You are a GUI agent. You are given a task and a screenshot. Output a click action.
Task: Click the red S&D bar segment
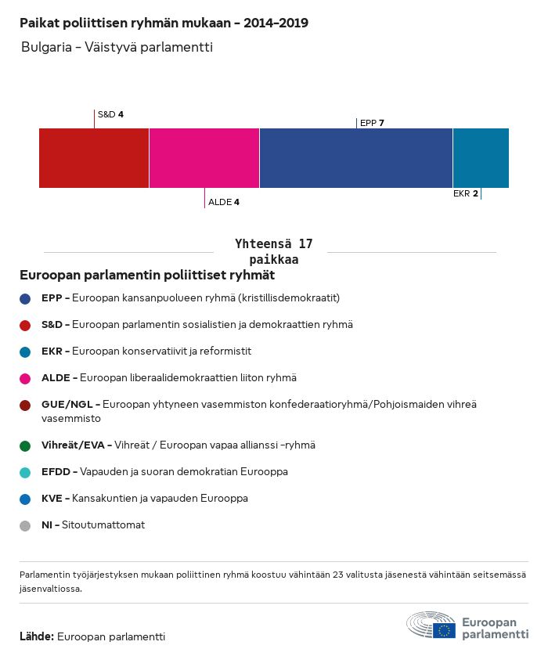pyautogui.click(x=94, y=158)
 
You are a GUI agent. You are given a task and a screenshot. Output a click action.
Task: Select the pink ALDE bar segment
pyautogui.click(x=204, y=158)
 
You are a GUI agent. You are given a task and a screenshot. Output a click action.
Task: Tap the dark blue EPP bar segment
pyautogui.click(x=355, y=158)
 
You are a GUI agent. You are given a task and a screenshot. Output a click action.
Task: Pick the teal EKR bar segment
pyautogui.click(x=481, y=158)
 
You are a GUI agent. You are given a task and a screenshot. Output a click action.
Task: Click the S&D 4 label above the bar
pyautogui.click(x=110, y=114)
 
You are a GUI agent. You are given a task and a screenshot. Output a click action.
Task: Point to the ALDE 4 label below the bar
pyautogui.click(x=223, y=202)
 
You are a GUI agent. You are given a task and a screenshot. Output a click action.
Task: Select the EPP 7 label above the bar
pyautogui.click(x=372, y=123)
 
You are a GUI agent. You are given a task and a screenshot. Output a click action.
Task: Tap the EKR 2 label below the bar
pyautogui.click(x=465, y=193)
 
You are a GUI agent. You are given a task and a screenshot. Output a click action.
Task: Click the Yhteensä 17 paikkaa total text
pyautogui.click(x=273, y=251)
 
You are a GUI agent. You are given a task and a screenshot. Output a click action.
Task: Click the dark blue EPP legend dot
pyautogui.click(x=26, y=298)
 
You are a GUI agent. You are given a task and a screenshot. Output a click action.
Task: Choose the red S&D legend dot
pyautogui.click(x=26, y=325)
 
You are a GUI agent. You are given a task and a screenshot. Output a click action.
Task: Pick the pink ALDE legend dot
pyautogui.click(x=26, y=378)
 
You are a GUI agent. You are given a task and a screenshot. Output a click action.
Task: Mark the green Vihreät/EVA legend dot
pyautogui.click(x=26, y=445)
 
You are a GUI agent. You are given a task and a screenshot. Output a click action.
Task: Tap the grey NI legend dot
pyautogui.click(x=26, y=525)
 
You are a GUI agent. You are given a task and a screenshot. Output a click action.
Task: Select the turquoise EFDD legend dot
pyautogui.click(x=26, y=472)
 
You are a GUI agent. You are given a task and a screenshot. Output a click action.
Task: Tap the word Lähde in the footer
pyautogui.click(x=37, y=636)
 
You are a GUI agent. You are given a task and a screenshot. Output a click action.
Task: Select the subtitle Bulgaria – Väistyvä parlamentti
pyautogui.click(x=117, y=47)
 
